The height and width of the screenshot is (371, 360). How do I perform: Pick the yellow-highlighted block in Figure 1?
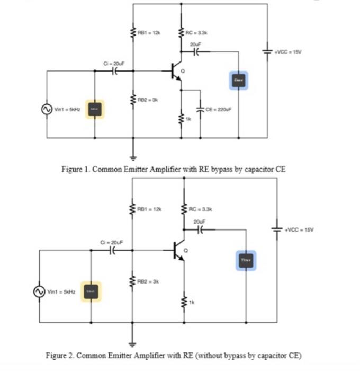tap(95, 109)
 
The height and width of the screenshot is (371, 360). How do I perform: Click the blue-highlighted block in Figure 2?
tap(246, 260)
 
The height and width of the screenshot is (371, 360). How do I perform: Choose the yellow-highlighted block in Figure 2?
tap(91, 291)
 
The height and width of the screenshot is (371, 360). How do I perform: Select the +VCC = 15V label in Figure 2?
tap(299, 229)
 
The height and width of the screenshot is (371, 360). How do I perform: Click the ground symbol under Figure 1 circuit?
tap(133, 156)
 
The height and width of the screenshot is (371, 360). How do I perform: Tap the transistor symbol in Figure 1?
tap(175, 72)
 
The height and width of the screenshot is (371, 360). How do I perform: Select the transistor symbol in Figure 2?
tap(178, 251)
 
